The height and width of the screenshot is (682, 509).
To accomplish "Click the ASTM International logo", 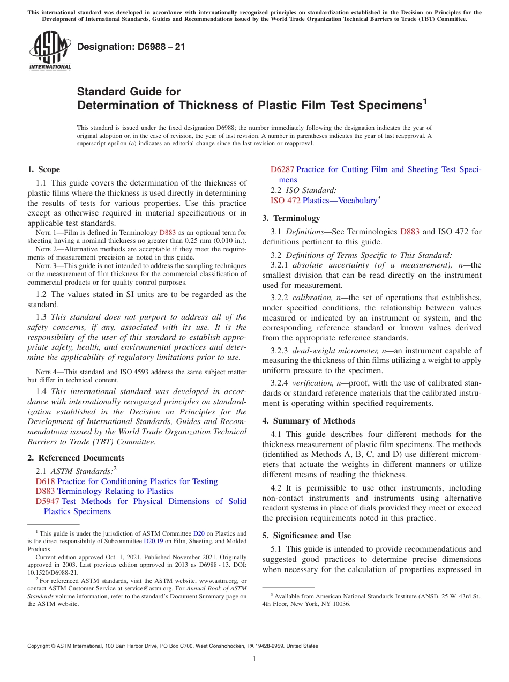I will coord(49,51).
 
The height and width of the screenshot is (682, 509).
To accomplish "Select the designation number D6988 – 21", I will coord(131,47).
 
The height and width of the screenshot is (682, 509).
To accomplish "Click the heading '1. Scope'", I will coord(43,169).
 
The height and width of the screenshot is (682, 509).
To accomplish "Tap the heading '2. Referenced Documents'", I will coord(76,458).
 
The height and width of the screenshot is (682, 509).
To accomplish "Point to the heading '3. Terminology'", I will coord(291,218).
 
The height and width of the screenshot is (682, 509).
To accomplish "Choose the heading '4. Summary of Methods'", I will coord(309,421).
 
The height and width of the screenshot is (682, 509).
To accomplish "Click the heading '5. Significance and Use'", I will coord(306,536).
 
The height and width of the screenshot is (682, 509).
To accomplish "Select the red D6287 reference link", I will coord(282,169).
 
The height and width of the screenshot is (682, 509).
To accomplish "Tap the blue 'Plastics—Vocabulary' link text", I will coord(340,201).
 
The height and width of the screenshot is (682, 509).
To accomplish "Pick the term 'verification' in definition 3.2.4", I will coord(311,383).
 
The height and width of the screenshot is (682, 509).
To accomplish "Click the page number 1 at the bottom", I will coord(254,659).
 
